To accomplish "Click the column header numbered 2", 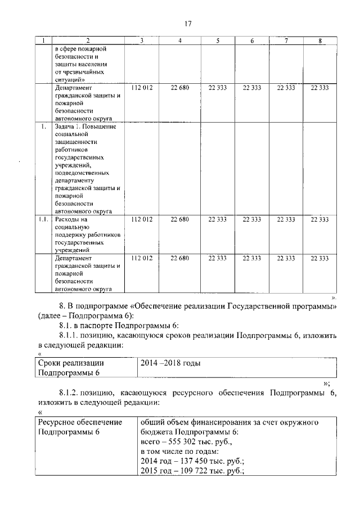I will pyautogui.click(x=88, y=40).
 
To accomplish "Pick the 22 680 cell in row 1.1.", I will pyautogui.click(x=179, y=219).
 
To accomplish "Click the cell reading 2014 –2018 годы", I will pyautogui.click(x=169, y=363).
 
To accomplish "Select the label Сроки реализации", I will pyautogui.click(x=71, y=363).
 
